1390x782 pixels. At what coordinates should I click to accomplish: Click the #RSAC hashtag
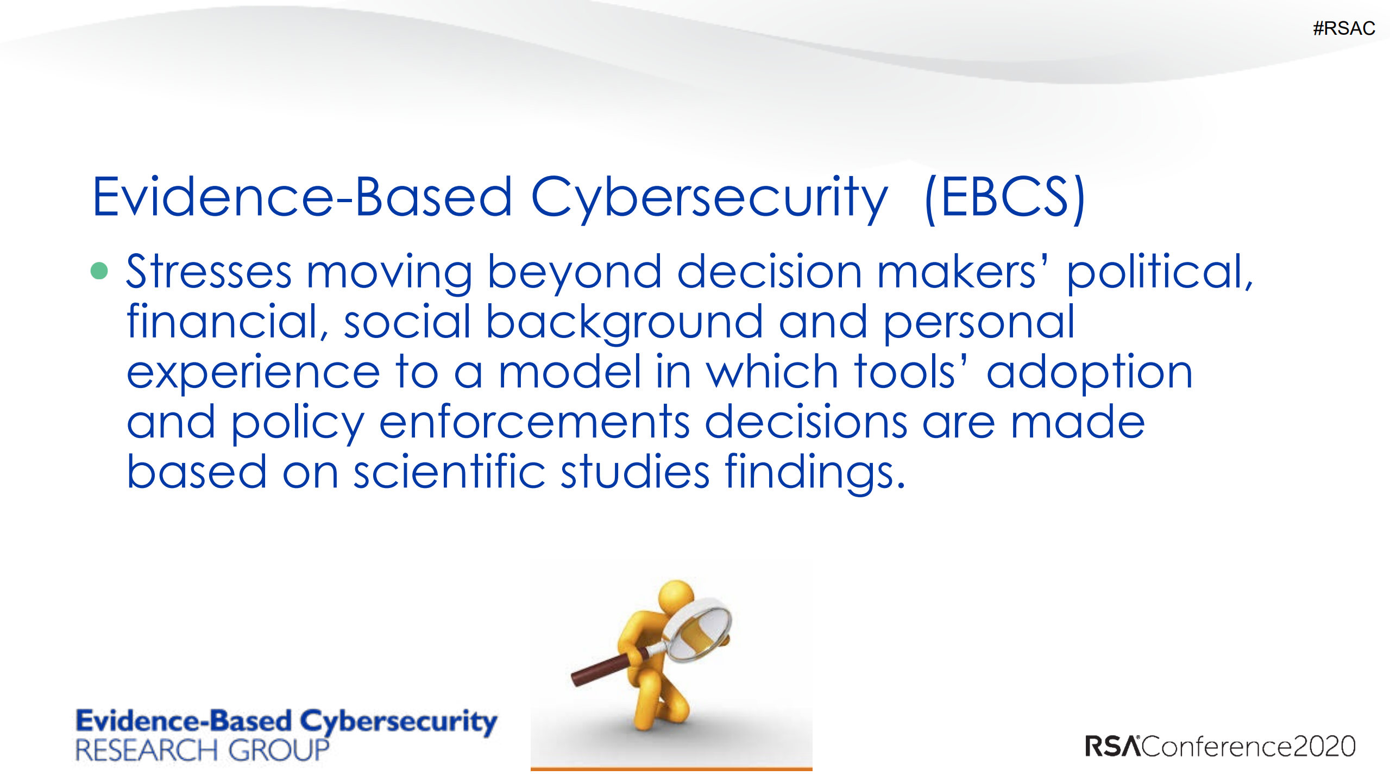[x=1344, y=28]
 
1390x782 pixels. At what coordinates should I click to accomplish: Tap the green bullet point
[x=99, y=270]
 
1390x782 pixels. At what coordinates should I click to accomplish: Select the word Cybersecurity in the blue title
[x=709, y=199]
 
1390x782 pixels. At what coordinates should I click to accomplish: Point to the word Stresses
[x=209, y=271]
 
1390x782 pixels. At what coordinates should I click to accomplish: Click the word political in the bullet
[x=1160, y=274]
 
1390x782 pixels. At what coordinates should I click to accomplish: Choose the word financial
[x=227, y=322]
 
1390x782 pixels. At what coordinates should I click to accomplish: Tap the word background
[x=624, y=324]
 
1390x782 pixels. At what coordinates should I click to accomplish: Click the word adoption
[x=1090, y=374]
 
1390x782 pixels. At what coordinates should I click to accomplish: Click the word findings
[x=815, y=473]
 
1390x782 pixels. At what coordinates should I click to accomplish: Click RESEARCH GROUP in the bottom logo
[x=202, y=750]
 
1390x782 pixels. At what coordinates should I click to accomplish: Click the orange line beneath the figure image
[x=671, y=769]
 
